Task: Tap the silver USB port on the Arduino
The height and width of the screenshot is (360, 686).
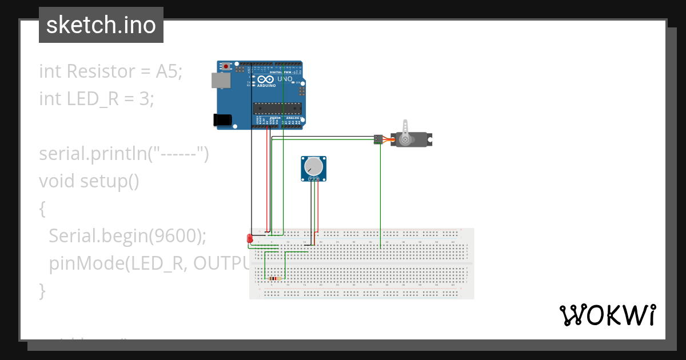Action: (x=221, y=80)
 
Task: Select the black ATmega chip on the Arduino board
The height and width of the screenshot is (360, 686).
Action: (x=277, y=107)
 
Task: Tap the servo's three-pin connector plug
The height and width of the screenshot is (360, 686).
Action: (x=378, y=139)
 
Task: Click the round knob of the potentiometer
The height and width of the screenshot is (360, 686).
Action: (x=313, y=166)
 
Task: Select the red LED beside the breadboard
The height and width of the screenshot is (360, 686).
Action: (x=249, y=238)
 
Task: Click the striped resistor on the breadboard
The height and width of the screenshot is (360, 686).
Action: (x=274, y=279)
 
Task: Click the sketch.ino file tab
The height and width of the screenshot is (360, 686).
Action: (x=101, y=25)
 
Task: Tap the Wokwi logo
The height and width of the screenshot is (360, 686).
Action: (x=607, y=315)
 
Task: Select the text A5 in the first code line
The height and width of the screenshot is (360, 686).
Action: (x=168, y=71)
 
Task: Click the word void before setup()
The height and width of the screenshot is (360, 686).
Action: (x=57, y=181)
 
